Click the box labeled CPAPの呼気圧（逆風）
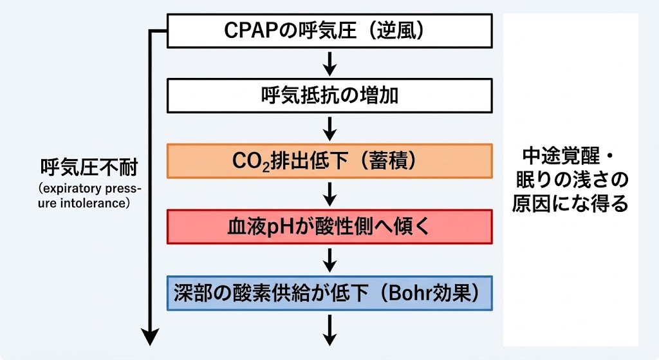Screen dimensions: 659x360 click(329, 31)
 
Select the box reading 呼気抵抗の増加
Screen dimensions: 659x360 click(329, 95)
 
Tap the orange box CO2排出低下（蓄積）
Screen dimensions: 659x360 click(329, 161)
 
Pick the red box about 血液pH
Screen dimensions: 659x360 click(329, 227)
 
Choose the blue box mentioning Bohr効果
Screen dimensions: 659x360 click(329, 293)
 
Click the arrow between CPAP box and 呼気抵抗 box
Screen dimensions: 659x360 click(330, 64)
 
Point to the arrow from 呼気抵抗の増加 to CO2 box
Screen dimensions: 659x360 click(330, 129)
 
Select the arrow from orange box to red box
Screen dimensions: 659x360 click(330, 194)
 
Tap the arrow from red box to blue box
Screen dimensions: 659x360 click(330, 260)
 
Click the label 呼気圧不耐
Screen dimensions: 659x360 click(89, 167)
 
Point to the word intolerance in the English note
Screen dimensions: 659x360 click(89, 203)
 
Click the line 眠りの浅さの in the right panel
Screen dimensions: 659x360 click(572, 180)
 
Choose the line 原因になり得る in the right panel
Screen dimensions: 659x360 click(570, 204)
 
